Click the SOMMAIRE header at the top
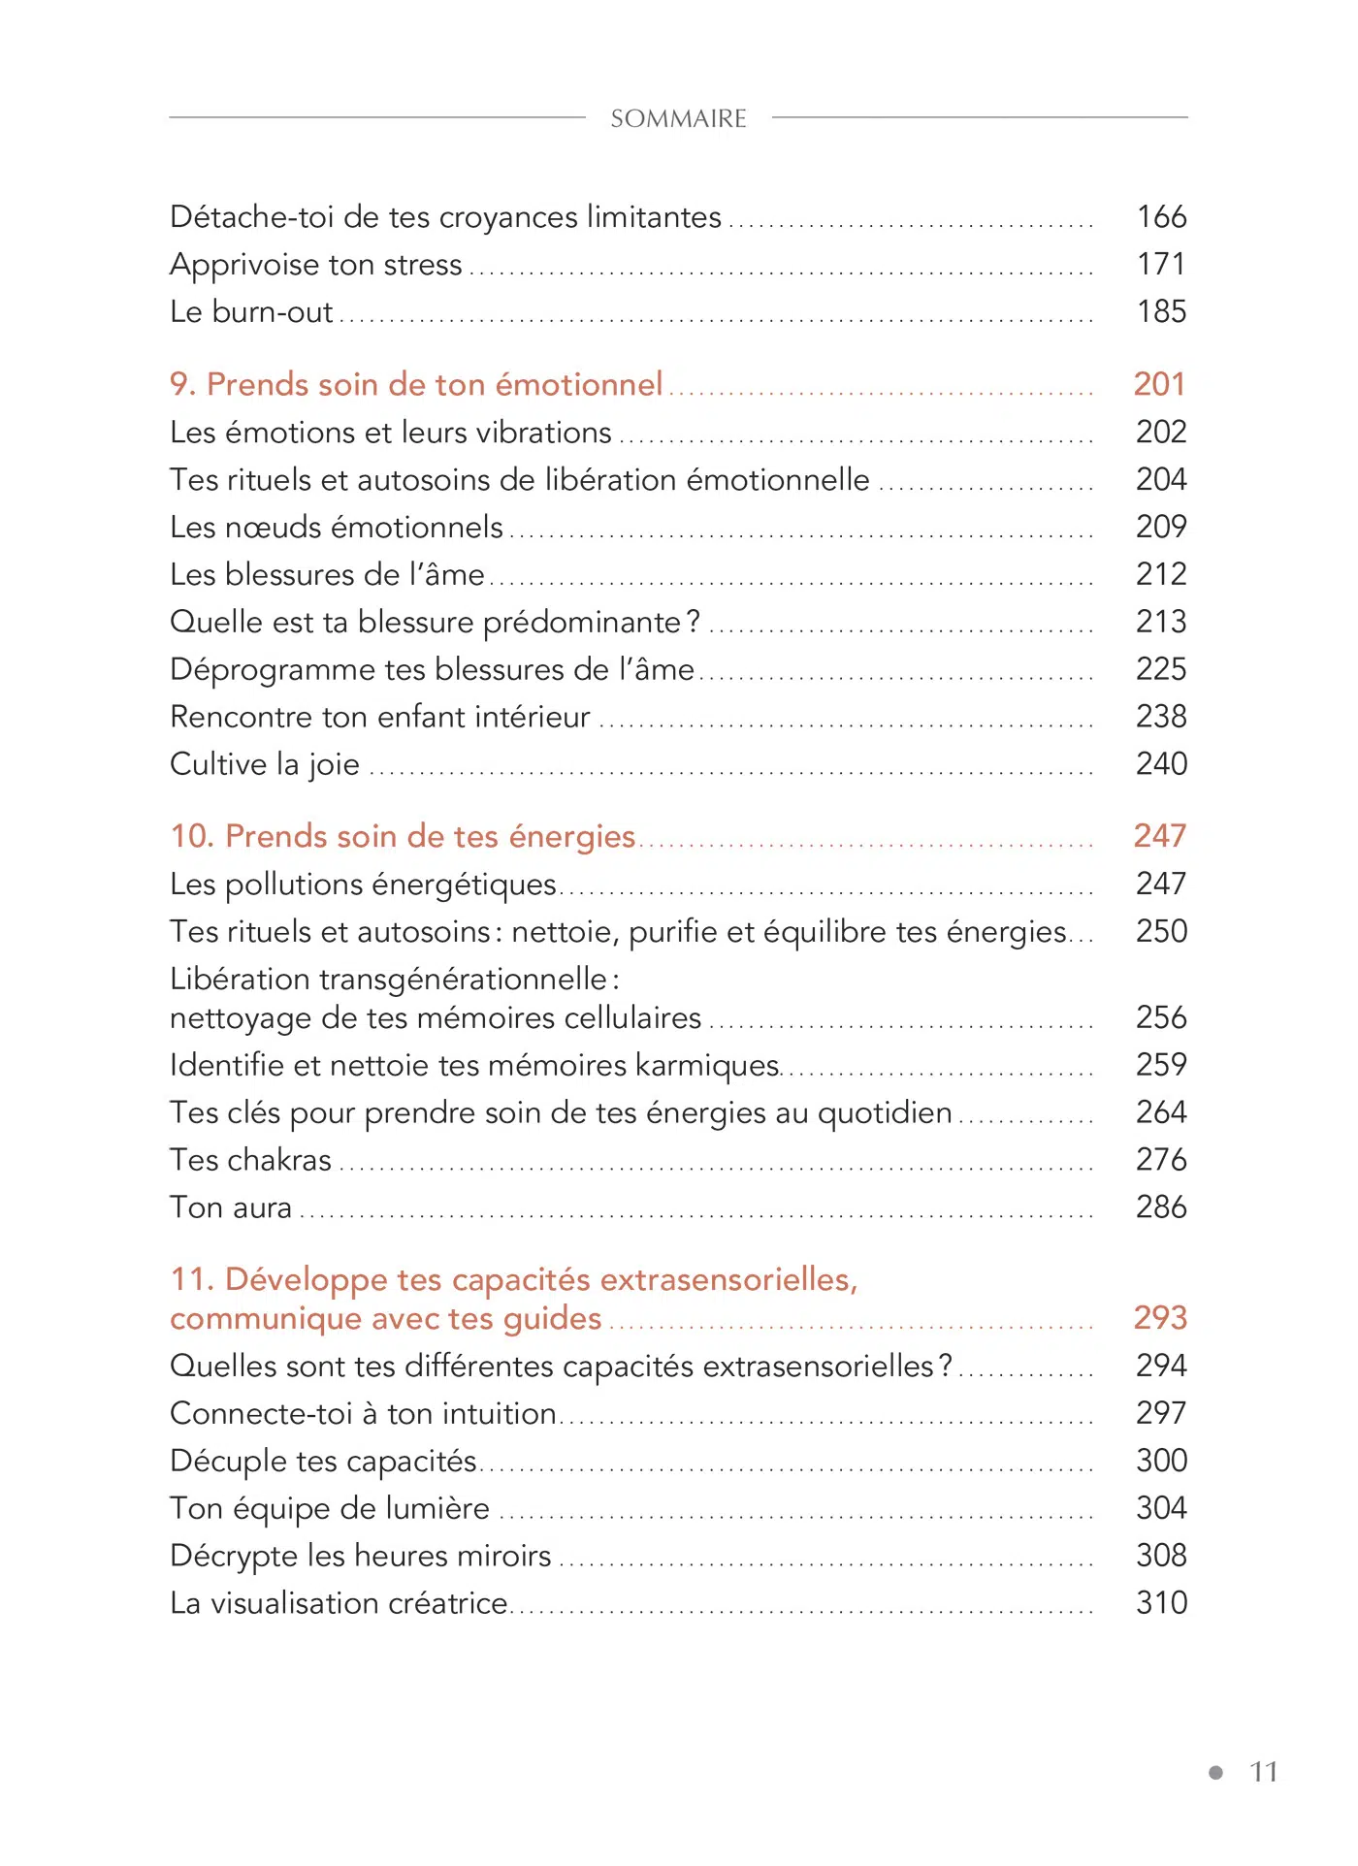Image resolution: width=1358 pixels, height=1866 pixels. [678, 118]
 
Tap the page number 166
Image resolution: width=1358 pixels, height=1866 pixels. [1161, 216]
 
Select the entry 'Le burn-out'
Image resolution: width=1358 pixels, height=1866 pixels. [251, 311]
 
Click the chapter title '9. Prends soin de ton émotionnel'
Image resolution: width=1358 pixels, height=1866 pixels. [416, 384]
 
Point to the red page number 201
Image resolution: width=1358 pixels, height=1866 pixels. [1159, 384]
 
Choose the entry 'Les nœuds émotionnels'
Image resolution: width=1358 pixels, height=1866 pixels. [337, 527]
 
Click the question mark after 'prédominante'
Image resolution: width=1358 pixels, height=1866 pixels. [693, 621]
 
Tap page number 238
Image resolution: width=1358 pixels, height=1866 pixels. [1161, 717]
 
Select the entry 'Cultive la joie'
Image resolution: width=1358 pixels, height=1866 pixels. [265, 764]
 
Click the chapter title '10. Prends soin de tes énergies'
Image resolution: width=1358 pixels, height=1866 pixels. [403, 836]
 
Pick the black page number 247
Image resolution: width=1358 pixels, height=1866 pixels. [1161, 884]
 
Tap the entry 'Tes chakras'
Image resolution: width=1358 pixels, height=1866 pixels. [250, 1160]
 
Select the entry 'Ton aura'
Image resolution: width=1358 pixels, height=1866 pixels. [231, 1207]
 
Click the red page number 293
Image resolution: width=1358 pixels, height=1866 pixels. [1160, 1317]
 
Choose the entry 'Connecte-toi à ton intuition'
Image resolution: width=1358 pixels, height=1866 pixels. [363, 1413]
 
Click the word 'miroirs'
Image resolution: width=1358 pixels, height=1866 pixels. [503, 1556]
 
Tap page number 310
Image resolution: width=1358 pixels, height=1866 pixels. [1161, 1603]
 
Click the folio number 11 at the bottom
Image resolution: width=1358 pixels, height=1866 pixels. [1263, 1772]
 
